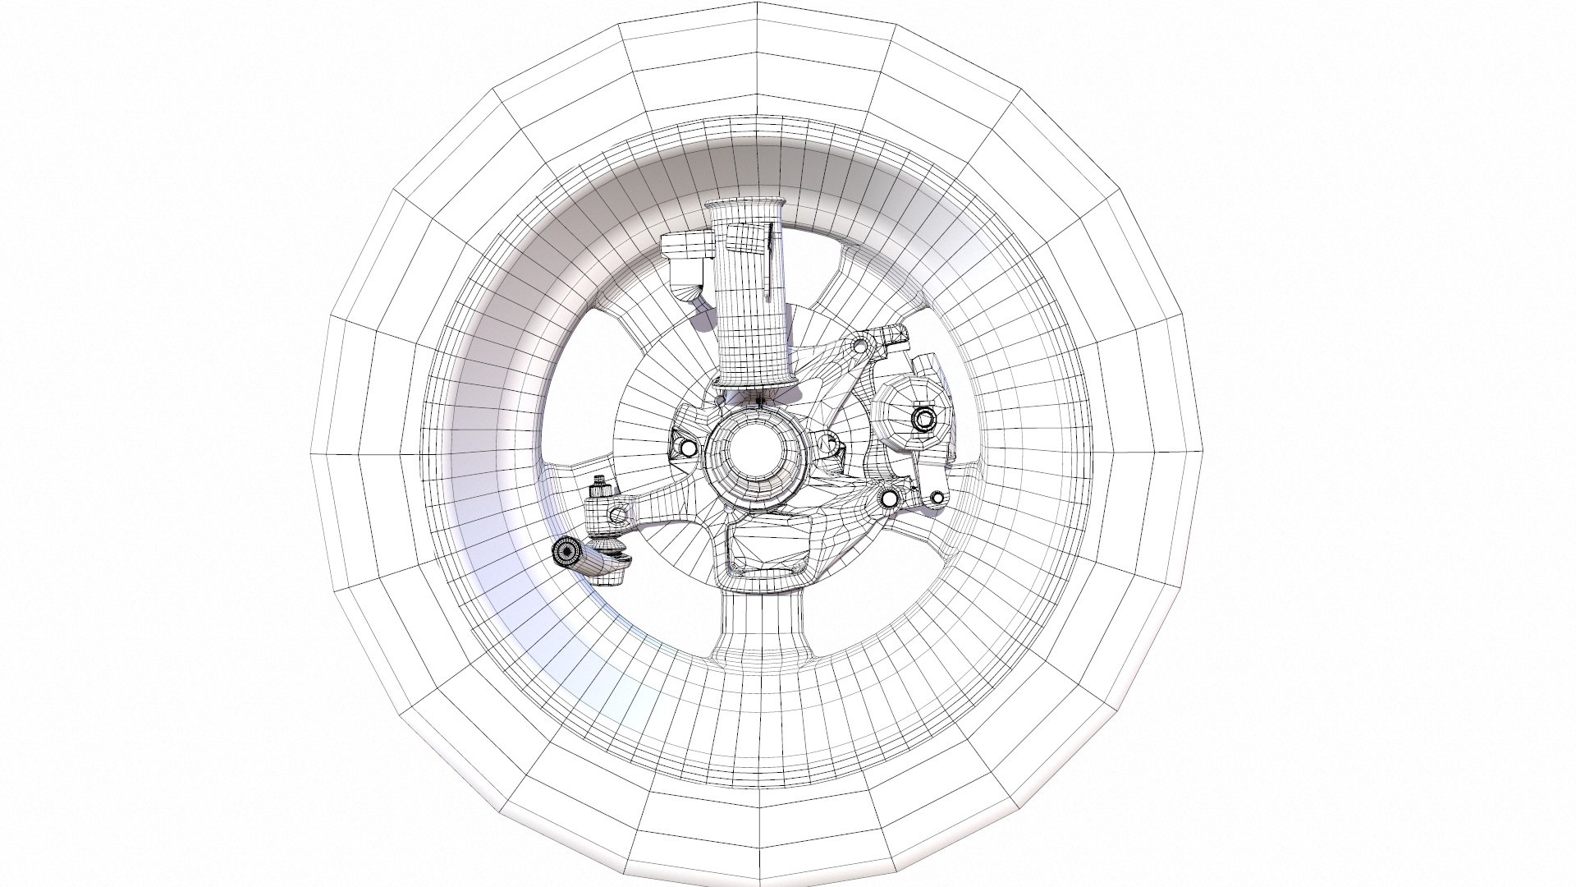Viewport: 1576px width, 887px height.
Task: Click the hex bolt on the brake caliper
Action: (923, 420)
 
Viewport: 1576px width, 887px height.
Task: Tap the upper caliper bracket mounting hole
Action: (861, 348)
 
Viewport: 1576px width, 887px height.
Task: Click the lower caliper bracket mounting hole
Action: (889, 498)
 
